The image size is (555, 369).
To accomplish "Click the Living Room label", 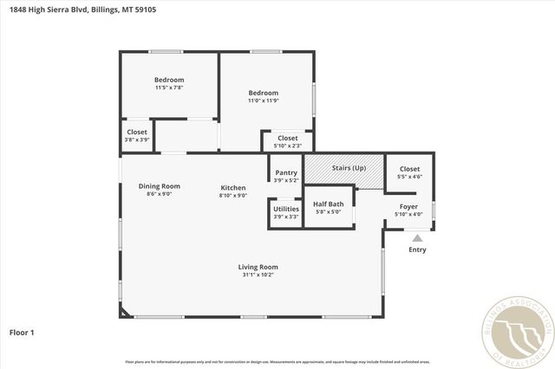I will point(258,267).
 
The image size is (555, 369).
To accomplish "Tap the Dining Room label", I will point(160,185).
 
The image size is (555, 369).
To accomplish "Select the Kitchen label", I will point(233,188).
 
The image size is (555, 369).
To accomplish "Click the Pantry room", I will point(286,176).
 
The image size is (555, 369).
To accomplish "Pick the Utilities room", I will point(286,212).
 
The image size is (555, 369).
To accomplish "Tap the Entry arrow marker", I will point(418,236).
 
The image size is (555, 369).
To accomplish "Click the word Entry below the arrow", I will point(418,250).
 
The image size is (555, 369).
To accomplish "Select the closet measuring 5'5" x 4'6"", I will point(408,172).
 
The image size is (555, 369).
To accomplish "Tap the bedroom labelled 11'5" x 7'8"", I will point(169,83).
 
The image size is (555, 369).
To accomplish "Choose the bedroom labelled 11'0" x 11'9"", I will point(263,96).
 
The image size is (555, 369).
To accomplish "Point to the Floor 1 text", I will point(21,332).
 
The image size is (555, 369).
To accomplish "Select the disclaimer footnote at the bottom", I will point(277,361).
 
